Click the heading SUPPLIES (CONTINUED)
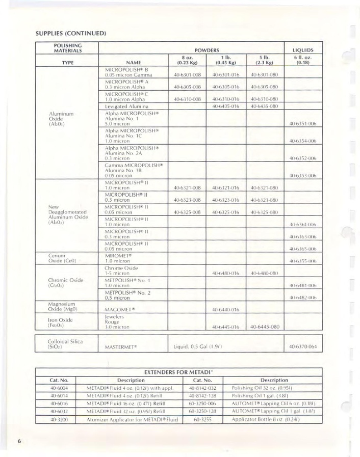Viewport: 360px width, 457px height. (x=70, y=34)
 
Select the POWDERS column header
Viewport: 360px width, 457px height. (x=206, y=50)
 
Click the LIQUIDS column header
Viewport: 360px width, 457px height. (x=302, y=50)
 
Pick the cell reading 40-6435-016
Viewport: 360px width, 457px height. (x=225, y=106)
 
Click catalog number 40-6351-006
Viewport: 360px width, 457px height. (x=302, y=123)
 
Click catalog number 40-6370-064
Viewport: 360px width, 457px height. (x=302, y=346)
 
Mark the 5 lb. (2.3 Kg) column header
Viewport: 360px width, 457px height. (x=264, y=60)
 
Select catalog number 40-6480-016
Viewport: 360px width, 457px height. (x=225, y=273)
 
